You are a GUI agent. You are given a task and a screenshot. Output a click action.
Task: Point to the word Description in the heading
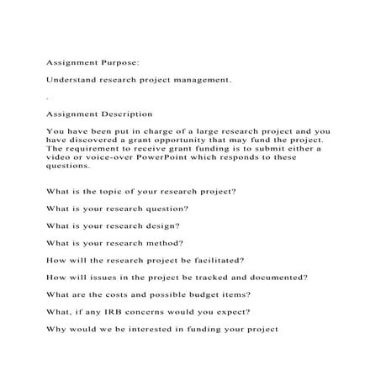pyautogui.click(x=127, y=113)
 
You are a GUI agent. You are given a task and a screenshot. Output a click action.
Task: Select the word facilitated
pyautogui.click(x=217, y=260)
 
